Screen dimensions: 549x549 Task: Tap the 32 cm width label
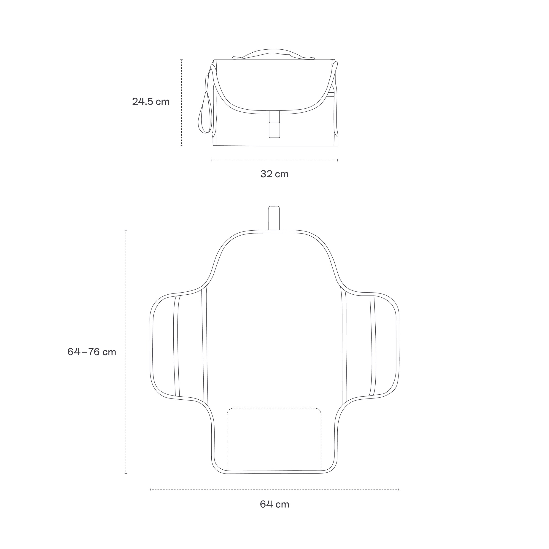click(274, 174)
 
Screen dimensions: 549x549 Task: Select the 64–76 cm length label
click(92, 352)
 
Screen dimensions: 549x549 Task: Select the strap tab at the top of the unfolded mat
click(274, 218)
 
